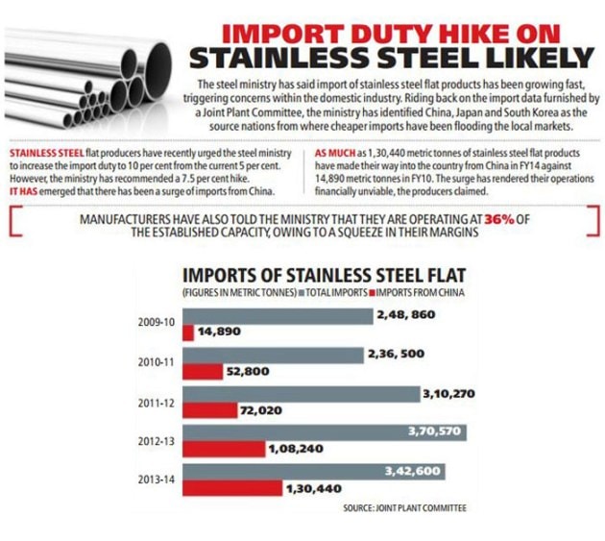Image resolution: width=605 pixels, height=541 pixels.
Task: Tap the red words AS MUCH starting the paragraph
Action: (x=335, y=154)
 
